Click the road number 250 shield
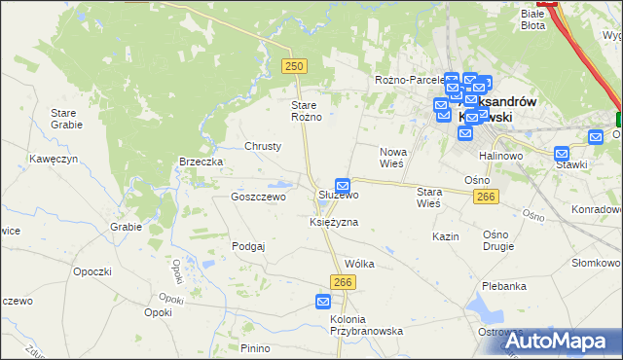[x=295, y=65]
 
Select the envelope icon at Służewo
[x=343, y=185]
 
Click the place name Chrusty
[x=263, y=146]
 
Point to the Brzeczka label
[x=202, y=162]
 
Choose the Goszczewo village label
[x=257, y=197]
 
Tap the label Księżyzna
[x=333, y=222]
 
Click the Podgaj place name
[x=248, y=246]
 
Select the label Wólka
[x=359, y=264]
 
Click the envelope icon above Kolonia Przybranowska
[x=324, y=303]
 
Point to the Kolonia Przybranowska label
[x=366, y=325]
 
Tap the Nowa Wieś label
[x=393, y=158]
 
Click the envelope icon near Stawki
[x=562, y=153]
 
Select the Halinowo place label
[x=501, y=156]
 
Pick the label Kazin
[x=446, y=236]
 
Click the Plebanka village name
[x=503, y=286]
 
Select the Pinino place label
[x=255, y=348]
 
